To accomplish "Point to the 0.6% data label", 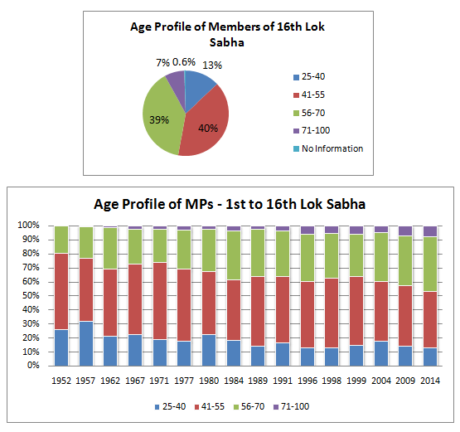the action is [184, 62].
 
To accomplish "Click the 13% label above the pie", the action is [212, 66].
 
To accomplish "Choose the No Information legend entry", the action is [328, 148].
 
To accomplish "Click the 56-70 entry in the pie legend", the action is [309, 113].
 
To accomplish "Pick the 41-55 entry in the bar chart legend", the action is [210, 406].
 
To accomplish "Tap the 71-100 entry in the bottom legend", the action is [291, 406].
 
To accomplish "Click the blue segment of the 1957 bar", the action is [86, 343].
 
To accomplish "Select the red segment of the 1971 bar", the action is [160, 301].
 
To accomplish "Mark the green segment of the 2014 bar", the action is [430, 265].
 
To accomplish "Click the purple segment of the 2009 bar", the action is [405, 231].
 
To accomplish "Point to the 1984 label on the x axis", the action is [234, 381].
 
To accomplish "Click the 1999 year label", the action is [356, 381].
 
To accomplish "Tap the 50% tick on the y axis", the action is [31, 295].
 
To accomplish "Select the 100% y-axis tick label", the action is [28, 225].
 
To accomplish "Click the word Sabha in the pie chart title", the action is [227, 42].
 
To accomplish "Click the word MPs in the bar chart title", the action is [199, 204].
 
